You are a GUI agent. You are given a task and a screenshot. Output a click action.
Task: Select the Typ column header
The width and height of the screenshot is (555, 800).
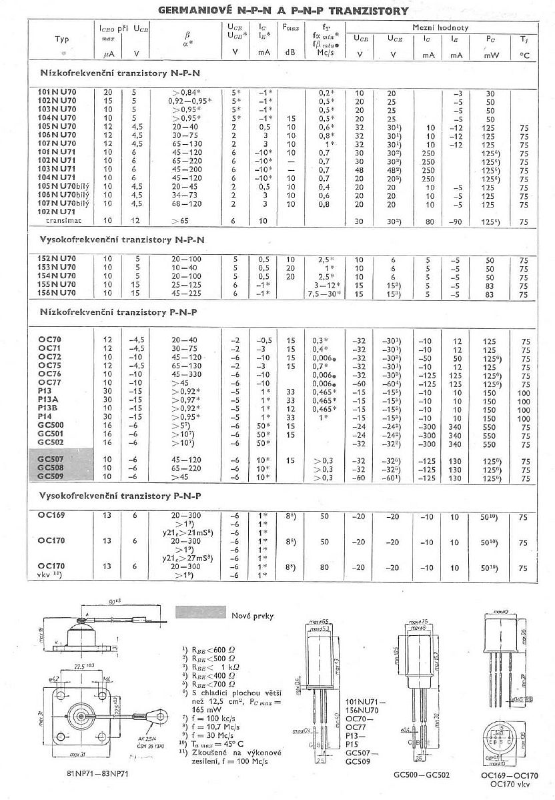tap(61, 39)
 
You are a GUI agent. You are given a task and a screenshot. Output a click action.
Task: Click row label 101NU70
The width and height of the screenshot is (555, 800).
tap(57, 91)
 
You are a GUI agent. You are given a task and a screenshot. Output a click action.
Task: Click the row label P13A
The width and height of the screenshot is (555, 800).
tap(50, 401)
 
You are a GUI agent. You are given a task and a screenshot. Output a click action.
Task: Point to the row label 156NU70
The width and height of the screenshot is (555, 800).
tap(57, 292)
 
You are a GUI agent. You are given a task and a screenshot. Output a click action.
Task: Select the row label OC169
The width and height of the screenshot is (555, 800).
tap(51, 516)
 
